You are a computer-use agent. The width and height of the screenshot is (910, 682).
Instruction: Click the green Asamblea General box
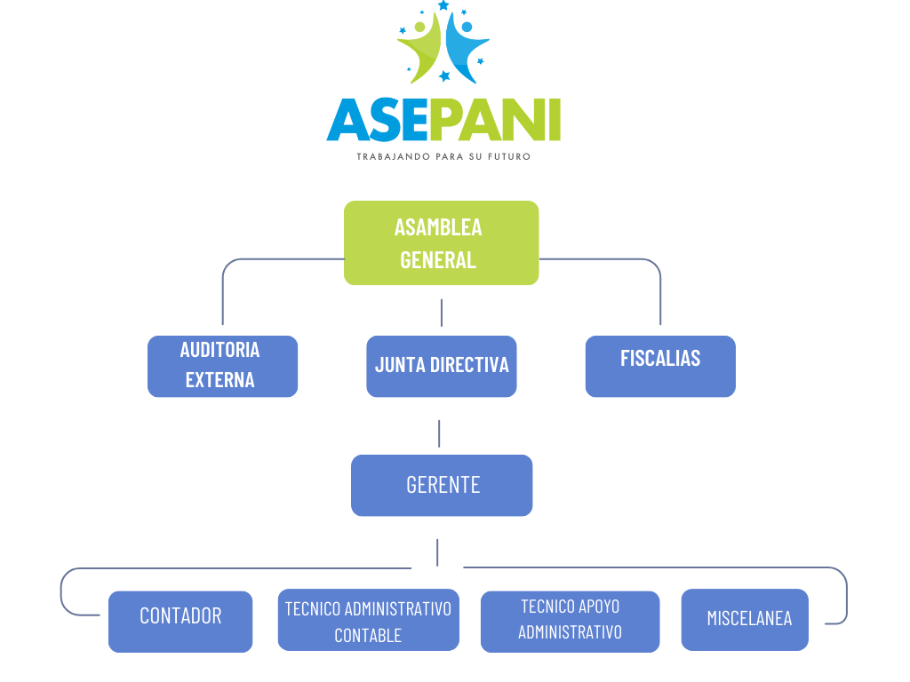click(x=441, y=242)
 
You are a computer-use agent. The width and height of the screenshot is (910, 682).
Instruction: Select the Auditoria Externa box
click(x=222, y=365)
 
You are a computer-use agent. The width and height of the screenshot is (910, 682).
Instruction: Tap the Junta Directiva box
click(x=442, y=365)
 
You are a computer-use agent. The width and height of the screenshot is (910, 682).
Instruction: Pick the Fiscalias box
click(x=660, y=365)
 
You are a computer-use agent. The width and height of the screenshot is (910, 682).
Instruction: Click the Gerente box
click(x=442, y=485)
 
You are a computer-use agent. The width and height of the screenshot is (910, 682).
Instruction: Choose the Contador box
click(x=180, y=621)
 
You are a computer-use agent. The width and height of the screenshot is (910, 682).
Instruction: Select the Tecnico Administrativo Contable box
click(x=368, y=620)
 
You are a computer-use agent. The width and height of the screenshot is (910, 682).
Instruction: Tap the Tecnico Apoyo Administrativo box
click(x=570, y=621)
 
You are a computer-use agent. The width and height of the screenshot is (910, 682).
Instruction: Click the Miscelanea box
click(x=745, y=619)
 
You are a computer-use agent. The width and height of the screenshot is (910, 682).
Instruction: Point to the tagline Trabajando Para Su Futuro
click(x=443, y=156)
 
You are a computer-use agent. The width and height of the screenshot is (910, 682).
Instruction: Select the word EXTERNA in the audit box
click(x=220, y=380)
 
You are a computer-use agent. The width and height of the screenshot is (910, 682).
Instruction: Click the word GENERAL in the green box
click(x=438, y=259)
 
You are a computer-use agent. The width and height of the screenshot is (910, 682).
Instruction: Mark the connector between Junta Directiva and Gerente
click(x=439, y=433)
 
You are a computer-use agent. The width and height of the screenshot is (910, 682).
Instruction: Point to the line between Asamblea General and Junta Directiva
click(x=442, y=313)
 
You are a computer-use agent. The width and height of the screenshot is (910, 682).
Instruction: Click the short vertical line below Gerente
click(x=437, y=551)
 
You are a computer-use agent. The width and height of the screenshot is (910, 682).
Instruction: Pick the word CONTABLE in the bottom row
click(x=368, y=636)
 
